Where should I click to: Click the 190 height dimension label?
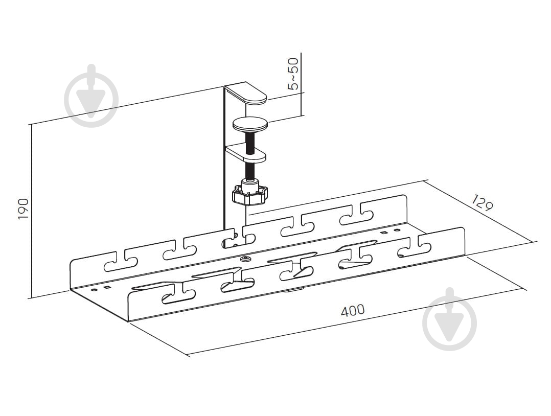tap(24, 209)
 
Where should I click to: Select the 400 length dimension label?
tap(353, 310)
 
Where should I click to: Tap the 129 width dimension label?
tap(482, 202)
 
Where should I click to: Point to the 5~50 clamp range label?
tap(293, 74)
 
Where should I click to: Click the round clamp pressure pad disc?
tap(250, 125)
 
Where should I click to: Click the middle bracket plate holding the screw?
tap(246, 153)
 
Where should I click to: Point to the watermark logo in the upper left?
tap(91, 96)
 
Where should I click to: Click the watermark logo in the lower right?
tap(449, 319)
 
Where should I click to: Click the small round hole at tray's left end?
tap(94, 290)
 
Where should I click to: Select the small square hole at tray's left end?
tap(106, 288)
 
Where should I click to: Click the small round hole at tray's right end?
tap(397, 230)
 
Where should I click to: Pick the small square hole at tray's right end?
tap(384, 232)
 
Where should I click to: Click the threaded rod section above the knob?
tap(250, 171)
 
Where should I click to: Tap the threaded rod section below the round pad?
tap(249, 143)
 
